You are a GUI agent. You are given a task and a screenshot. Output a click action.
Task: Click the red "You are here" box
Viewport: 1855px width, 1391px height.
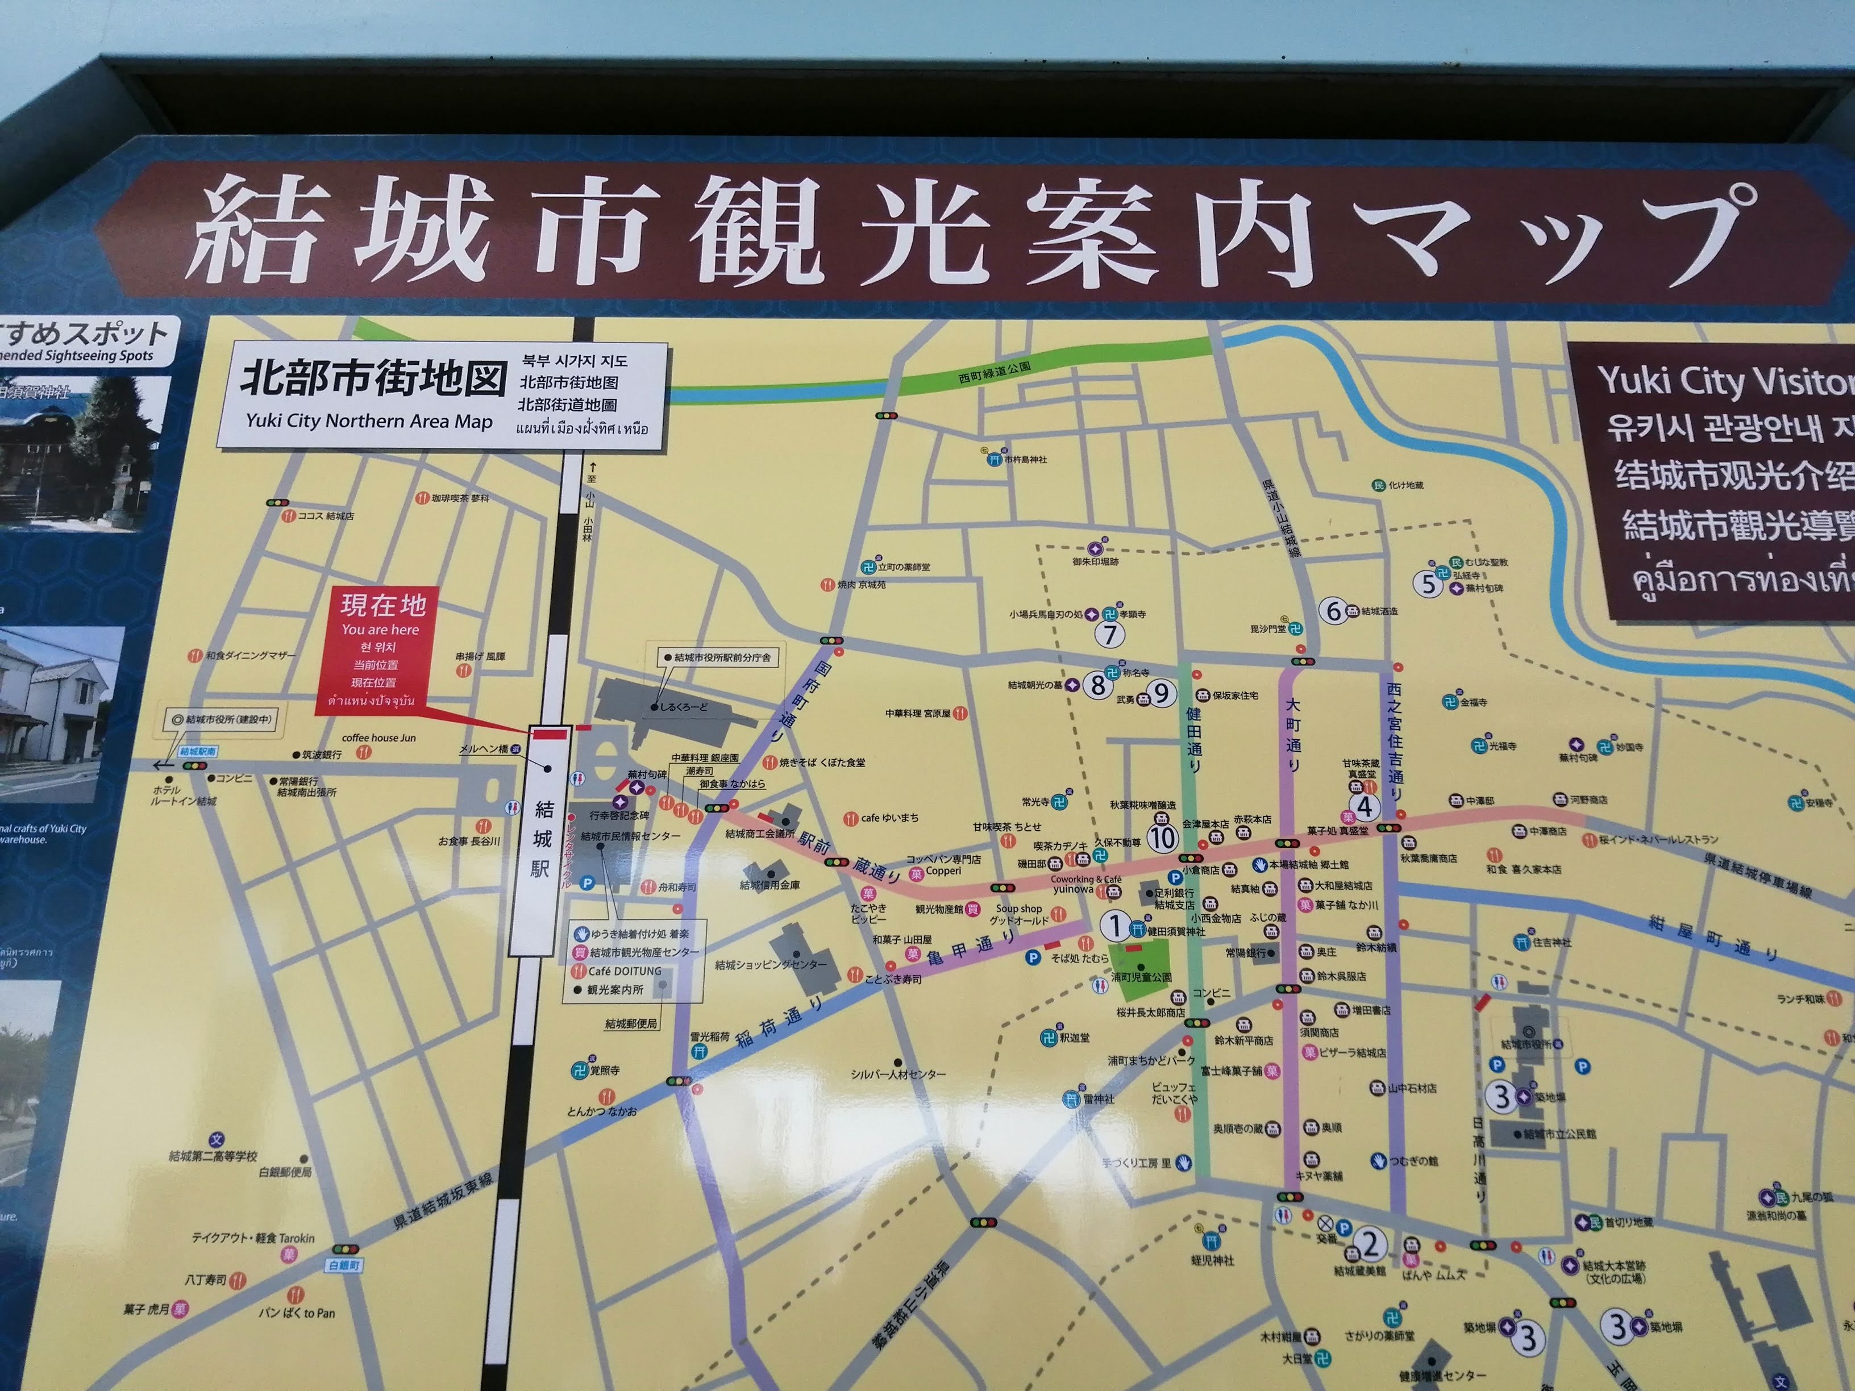[377, 651]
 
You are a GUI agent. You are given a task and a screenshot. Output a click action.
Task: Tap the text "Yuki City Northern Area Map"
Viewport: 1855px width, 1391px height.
[369, 421]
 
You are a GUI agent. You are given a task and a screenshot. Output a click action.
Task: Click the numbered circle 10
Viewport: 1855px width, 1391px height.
[1162, 837]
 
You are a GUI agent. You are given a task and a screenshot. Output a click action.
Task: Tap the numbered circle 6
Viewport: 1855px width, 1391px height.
[1333, 610]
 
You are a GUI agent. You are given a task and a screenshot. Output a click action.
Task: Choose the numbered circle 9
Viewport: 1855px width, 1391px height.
[1162, 693]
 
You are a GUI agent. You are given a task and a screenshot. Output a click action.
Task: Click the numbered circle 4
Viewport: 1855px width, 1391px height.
[1365, 807]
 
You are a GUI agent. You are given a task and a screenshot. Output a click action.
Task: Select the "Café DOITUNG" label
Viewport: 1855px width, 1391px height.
[625, 971]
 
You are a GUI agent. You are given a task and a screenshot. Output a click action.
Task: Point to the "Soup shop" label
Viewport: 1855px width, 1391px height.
[1019, 908]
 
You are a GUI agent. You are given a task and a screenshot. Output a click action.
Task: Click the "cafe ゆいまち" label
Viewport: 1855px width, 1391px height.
[889, 818]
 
